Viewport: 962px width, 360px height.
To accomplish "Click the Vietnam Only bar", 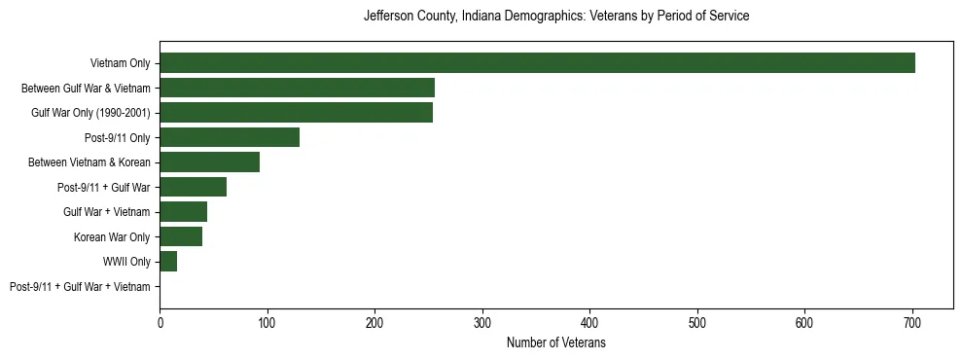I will click(x=537, y=63).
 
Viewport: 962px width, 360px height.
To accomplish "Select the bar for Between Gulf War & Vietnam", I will click(x=297, y=88).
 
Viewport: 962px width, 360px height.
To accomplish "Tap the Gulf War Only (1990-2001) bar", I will click(x=296, y=113).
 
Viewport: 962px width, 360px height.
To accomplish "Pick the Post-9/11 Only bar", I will click(x=230, y=137).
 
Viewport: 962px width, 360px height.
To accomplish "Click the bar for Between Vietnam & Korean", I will click(x=209, y=162).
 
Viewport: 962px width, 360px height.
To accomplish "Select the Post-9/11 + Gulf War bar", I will click(x=193, y=187).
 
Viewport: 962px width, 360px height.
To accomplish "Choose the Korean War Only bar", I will click(x=181, y=236).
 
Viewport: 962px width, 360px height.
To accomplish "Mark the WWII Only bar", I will click(x=168, y=262).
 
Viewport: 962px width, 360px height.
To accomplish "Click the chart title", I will click(x=555, y=17).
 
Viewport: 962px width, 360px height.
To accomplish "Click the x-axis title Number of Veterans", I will click(x=555, y=343).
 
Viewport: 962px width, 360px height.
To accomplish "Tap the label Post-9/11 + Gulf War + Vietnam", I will click(x=80, y=287).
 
